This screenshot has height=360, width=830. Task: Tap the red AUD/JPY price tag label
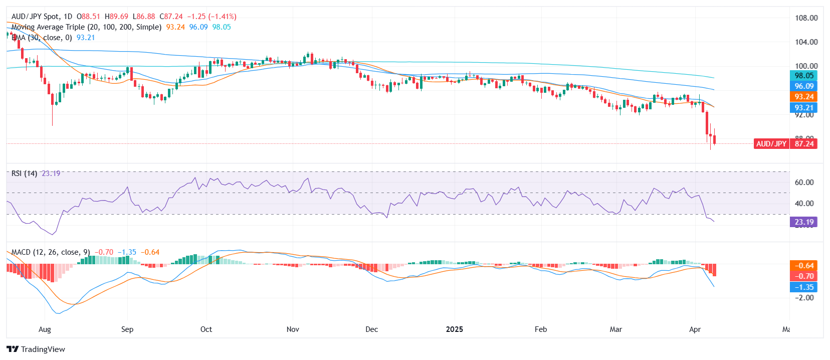point(771,144)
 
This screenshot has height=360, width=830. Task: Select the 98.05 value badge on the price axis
point(803,76)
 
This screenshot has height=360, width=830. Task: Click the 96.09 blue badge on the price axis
point(803,86)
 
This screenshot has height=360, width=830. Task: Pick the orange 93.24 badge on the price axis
point(803,97)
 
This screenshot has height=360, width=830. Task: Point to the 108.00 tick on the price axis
point(806,18)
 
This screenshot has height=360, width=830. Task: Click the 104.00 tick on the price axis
point(806,42)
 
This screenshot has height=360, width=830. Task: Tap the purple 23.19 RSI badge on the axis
point(803,222)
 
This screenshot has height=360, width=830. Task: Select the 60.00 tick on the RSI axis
point(804,183)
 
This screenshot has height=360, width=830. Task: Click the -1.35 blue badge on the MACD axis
point(803,287)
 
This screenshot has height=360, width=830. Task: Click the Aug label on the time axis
point(45,329)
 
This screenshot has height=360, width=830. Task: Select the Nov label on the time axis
point(293,329)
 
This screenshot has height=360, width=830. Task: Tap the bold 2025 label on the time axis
point(454,329)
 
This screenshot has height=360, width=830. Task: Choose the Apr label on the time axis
point(695,329)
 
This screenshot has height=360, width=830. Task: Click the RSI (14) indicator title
point(24,173)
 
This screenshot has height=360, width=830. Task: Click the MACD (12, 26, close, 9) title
point(51,252)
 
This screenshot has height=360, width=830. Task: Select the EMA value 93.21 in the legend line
point(86,38)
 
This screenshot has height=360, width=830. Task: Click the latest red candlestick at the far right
point(714,139)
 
